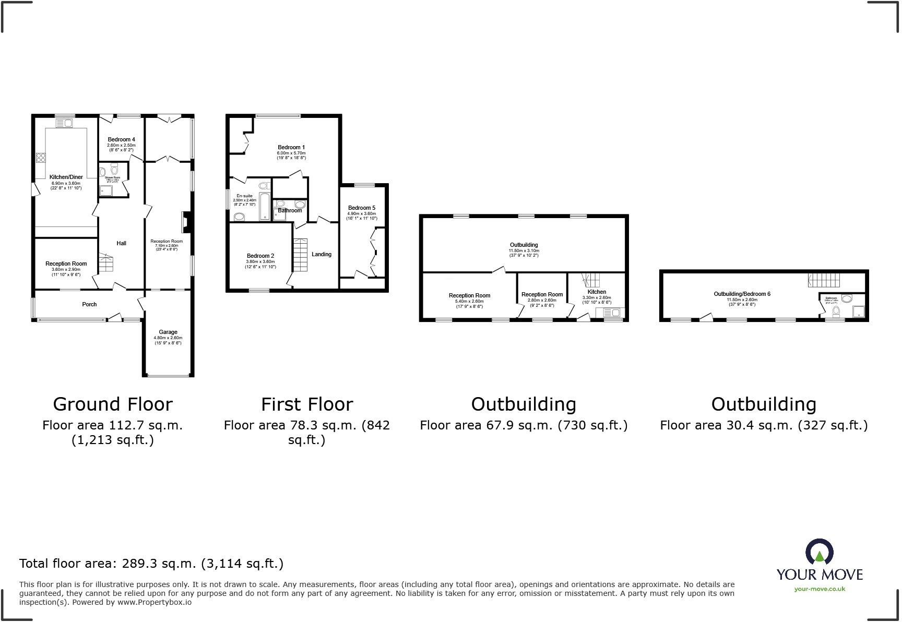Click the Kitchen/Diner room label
(x=66, y=177)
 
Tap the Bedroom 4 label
(x=121, y=140)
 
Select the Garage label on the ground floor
(x=168, y=332)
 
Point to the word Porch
(x=89, y=304)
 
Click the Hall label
(x=121, y=243)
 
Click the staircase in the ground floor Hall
(x=105, y=264)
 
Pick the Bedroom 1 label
(x=291, y=148)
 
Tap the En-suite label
(x=244, y=196)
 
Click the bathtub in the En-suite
(x=264, y=207)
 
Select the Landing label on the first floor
(x=322, y=255)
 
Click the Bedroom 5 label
(x=362, y=208)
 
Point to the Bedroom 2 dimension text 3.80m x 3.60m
(x=261, y=262)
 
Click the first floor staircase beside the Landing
(x=301, y=255)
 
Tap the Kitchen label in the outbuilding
(x=597, y=292)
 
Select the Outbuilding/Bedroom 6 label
(x=742, y=294)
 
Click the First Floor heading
(x=307, y=404)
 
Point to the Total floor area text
(x=151, y=564)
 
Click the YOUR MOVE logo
(x=820, y=564)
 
